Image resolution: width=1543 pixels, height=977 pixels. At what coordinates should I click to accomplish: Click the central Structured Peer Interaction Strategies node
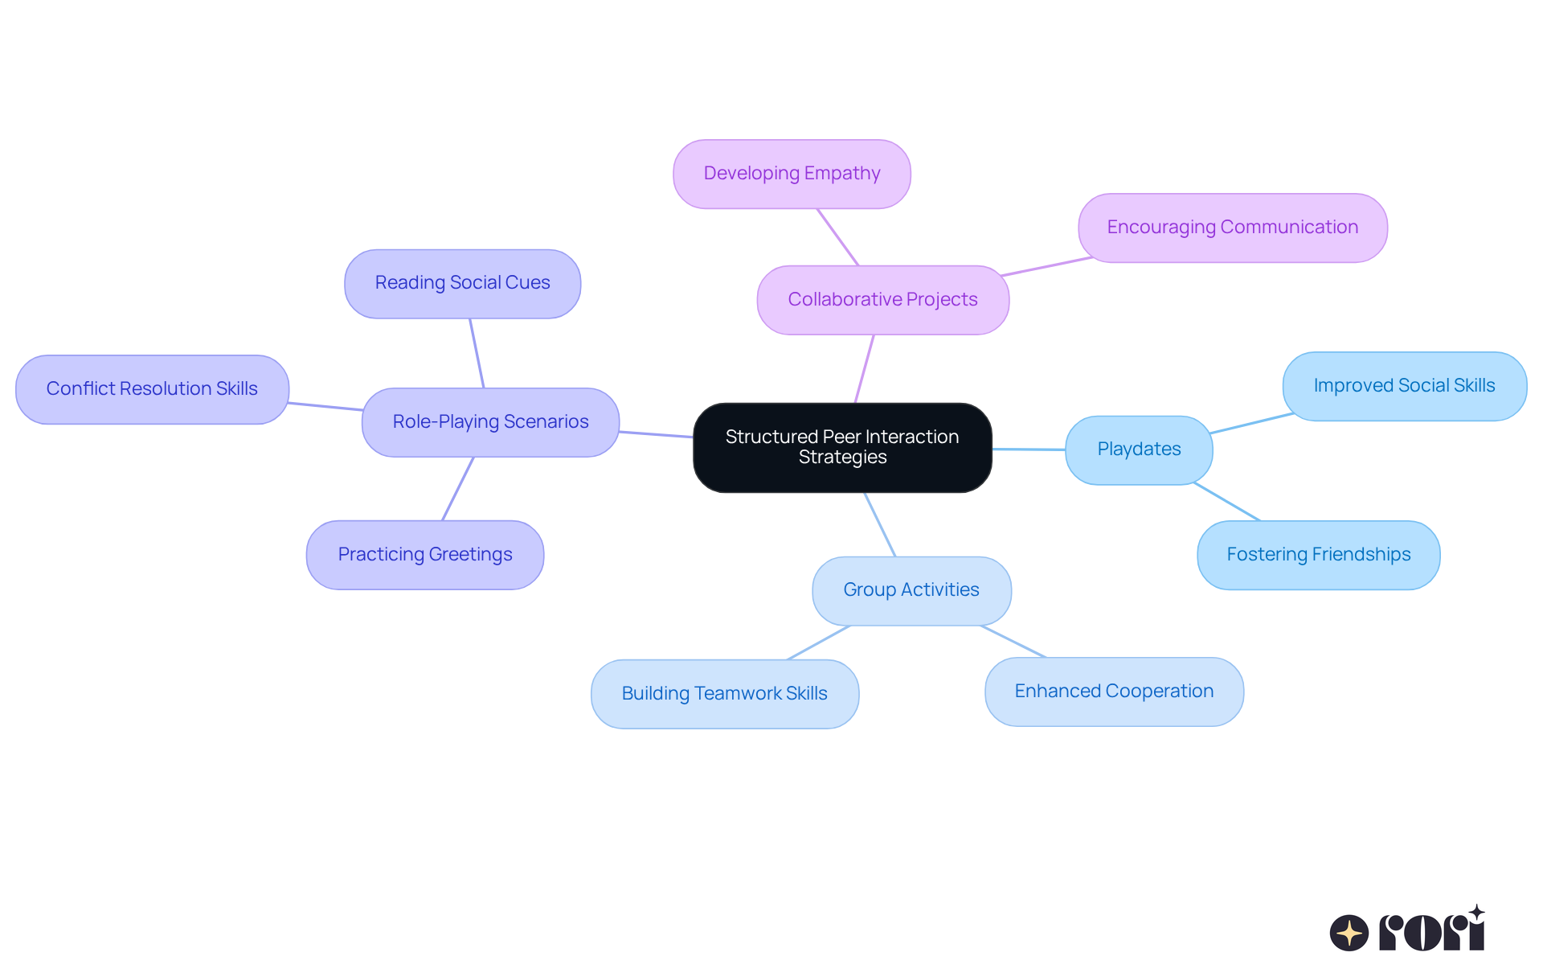click(842, 447)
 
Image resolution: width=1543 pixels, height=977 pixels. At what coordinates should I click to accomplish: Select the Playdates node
click(1139, 450)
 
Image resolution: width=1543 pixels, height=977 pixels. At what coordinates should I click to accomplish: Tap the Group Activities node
click(911, 590)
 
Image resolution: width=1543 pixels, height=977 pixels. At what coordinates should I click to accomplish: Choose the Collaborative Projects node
click(882, 300)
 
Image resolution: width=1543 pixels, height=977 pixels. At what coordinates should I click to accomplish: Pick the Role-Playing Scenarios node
click(490, 422)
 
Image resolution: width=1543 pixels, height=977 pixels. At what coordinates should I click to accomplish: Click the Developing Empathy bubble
click(792, 174)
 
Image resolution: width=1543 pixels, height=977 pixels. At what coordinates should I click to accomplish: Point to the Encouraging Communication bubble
click(1232, 228)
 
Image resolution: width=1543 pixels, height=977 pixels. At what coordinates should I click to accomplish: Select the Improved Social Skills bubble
click(1404, 386)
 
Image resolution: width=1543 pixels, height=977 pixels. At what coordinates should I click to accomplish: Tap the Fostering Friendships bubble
click(1318, 555)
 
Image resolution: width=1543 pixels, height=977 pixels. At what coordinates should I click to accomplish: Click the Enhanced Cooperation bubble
click(1114, 692)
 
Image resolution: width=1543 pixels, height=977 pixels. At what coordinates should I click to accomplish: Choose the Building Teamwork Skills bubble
click(724, 694)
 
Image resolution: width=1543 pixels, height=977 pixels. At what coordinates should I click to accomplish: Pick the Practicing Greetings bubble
click(424, 555)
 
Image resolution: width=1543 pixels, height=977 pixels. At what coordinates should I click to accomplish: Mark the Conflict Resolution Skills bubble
click(152, 389)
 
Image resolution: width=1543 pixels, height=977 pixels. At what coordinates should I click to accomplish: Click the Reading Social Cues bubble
click(462, 284)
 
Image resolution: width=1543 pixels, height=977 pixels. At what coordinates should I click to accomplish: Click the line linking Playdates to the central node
click(1029, 450)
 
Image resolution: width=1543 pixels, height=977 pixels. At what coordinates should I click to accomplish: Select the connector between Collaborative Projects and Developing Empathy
click(838, 237)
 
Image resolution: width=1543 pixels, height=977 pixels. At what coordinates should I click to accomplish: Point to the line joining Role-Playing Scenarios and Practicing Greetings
click(458, 489)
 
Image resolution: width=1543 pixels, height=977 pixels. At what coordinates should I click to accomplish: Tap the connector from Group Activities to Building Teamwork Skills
click(819, 642)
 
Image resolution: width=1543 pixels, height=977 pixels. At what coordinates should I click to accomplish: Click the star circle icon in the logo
click(1349, 933)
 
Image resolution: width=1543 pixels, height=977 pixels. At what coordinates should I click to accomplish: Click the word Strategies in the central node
click(842, 458)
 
